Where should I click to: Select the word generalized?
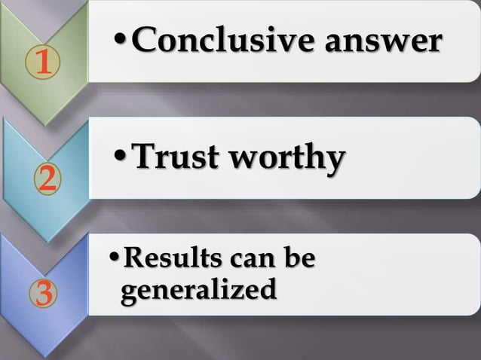pos(198,289)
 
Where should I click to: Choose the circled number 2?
pos(45,178)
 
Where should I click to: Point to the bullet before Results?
pos(114,261)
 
